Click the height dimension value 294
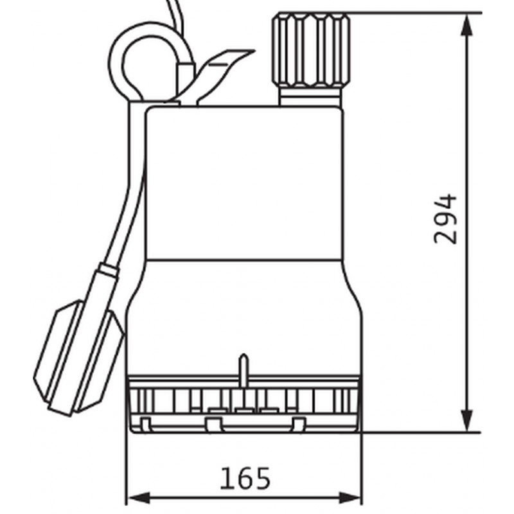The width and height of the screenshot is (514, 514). pyautogui.click(x=445, y=219)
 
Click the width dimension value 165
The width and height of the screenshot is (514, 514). pyautogui.click(x=245, y=478)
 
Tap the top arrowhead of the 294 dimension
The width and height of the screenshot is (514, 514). pyautogui.click(x=467, y=24)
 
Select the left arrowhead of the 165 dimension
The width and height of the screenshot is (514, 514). pyautogui.click(x=138, y=498)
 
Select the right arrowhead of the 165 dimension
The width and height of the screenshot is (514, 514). pyautogui.click(x=350, y=498)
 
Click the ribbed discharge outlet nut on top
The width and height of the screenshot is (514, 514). pyautogui.click(x=311, y=49)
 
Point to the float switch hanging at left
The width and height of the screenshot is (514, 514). pyautogui.click(x=78, y=359)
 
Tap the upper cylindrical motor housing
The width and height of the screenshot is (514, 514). pyautogui.click(x=245, y=183)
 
